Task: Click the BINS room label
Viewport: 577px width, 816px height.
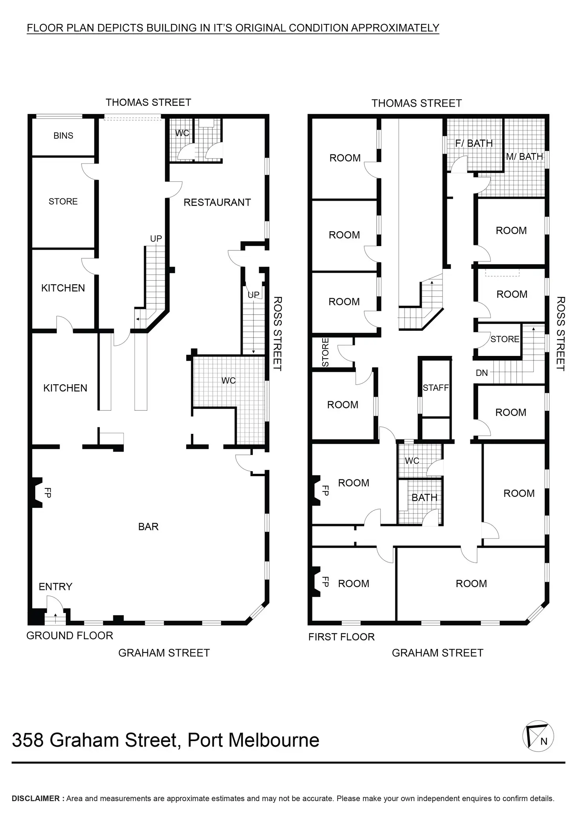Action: (63, 136)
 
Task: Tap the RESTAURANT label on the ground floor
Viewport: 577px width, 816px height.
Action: (217, 202)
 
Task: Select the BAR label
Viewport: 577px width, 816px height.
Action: (148, 526)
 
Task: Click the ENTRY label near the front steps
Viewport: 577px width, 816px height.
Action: (55, 586)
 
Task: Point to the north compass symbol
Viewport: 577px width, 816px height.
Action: (538, 736)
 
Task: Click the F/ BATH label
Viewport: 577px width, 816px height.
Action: (474, 143)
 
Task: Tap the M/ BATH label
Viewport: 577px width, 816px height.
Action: (524, 157)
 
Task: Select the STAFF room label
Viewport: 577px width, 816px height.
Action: (435, 388)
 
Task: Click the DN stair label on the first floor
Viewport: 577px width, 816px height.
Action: (482, 373)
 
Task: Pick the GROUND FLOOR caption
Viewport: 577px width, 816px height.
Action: (69, 635)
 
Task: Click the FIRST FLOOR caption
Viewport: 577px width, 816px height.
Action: (341, 637)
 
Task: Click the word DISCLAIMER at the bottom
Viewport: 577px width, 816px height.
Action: (36, 798)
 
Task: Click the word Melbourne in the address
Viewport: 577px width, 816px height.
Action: (273, 740)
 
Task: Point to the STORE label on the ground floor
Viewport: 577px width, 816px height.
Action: (63, 201)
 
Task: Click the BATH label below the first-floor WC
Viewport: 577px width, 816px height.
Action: (424, 497)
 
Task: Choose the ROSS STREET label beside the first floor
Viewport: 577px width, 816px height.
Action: (561, 333)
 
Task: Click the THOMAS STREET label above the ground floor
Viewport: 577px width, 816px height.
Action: (148, 102)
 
